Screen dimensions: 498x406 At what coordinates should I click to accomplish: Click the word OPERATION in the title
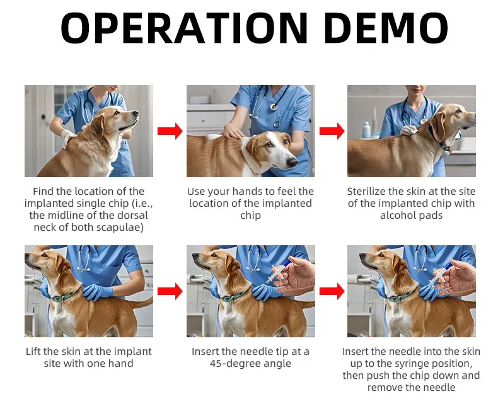click(x=185, y=28)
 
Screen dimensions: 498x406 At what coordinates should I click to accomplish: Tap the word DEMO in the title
click(x=386, y=28)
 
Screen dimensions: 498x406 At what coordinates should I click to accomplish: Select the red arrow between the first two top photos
click(x=170, y=131)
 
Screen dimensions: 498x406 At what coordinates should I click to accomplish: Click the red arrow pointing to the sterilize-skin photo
click(x=332, y=131)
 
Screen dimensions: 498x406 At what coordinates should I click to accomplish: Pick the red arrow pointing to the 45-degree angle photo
click(x=170, y=291)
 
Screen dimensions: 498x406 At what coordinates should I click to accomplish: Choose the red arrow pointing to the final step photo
click(x=332, y=291)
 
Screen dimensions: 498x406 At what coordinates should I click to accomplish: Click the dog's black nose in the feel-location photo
click(x=292, y=162)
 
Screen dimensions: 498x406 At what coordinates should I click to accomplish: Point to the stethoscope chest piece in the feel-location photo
click(x=274, y=107)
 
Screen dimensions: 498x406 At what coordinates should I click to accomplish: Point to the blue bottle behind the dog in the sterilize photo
click(x=366, y=130)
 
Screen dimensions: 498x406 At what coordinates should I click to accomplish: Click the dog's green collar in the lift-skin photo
click(x=65, y=297)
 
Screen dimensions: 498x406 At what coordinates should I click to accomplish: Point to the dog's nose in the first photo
click(x=136, y=113)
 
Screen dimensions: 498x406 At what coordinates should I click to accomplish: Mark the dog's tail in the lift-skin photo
click(x=141, y=303)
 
